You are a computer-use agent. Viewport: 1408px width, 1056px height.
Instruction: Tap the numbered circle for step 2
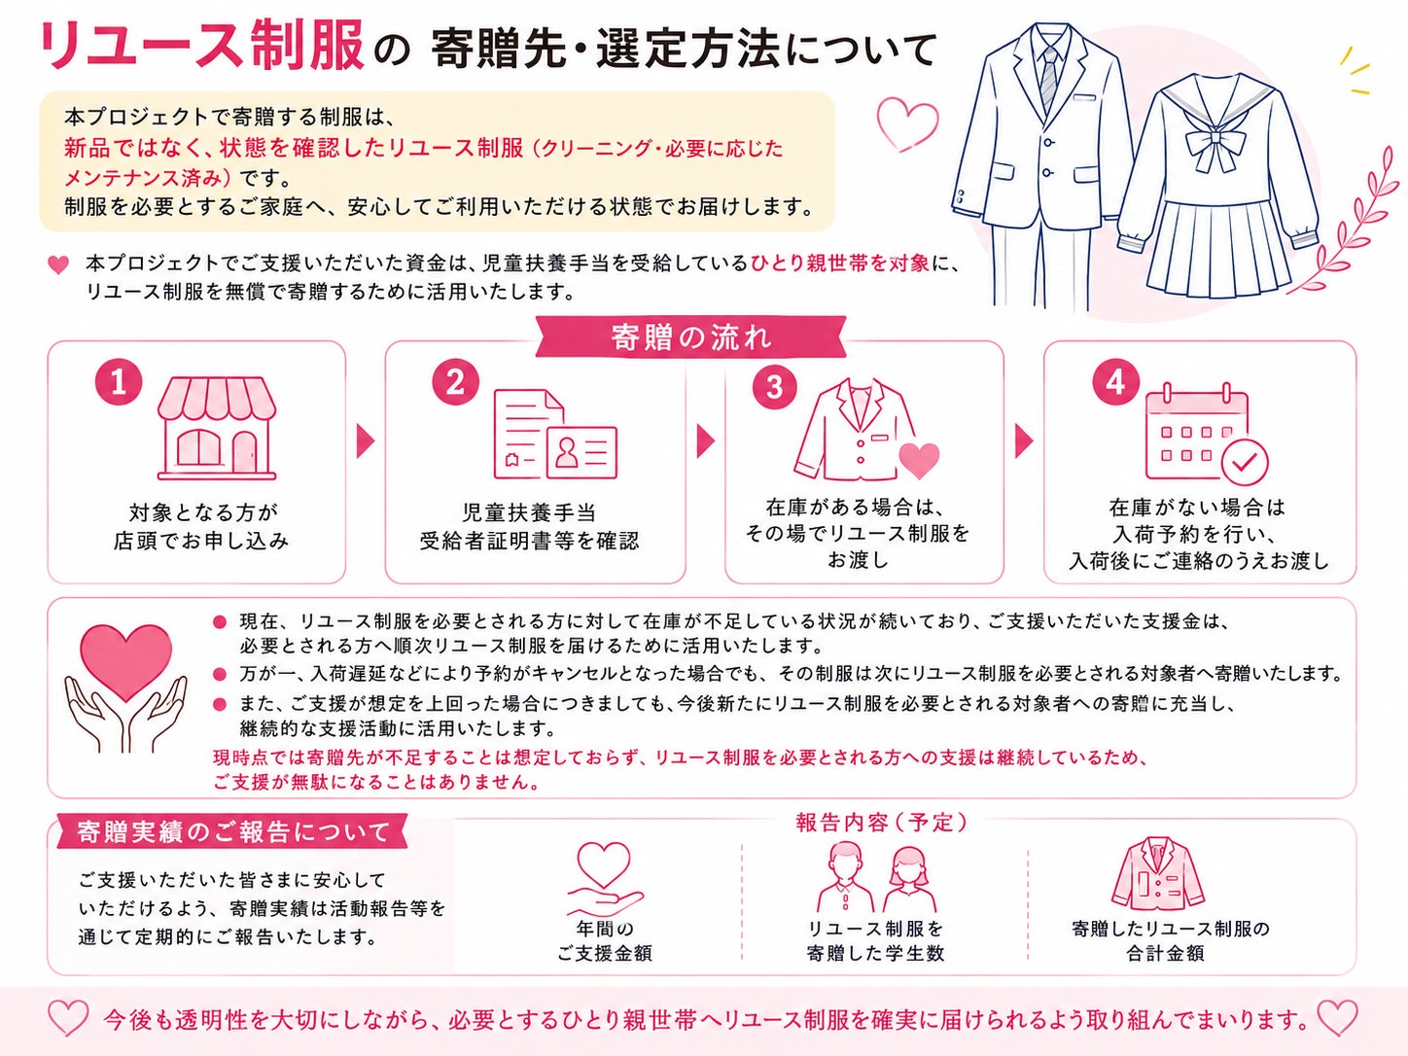click(x=455, y=382)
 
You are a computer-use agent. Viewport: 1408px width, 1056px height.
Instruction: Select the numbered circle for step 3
click(x=775, y=386)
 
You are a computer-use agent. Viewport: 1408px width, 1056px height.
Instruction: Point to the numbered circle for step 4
click(x=1115, y=382)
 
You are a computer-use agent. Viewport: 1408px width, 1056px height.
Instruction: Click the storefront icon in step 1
click(x=217, y=428)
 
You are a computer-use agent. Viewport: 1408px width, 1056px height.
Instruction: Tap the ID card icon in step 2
click(x=581, y=452)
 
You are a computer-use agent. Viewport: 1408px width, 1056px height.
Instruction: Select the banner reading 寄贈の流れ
click(x=690, y=337)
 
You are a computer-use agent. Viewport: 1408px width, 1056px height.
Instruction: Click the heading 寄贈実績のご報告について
click(x=232, y=832)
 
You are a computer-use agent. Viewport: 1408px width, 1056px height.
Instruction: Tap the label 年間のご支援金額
click(x=604, y=940)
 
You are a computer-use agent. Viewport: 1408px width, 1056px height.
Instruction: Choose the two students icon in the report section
click(x=877, y=876)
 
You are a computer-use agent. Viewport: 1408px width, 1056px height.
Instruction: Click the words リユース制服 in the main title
click(x=201, y=46)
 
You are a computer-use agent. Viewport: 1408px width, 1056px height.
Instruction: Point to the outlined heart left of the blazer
click(x=907, y=123)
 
